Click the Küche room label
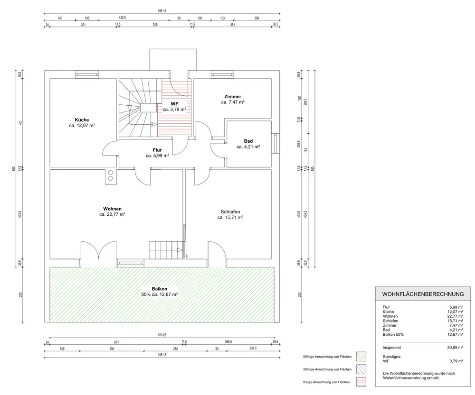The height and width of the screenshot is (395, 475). click(82, 120)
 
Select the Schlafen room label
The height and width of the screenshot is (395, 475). click(230, 211)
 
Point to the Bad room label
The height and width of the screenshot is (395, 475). click(248, 141)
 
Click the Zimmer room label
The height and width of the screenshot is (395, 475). click(233, 96)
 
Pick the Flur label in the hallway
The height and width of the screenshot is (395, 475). click(157, 150)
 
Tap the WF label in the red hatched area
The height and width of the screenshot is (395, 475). click(174, 104)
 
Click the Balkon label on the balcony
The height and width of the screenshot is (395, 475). click(160, 289)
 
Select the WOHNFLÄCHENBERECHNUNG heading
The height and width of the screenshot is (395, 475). click(423, 294)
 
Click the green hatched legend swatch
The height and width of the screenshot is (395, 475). click(361, 357)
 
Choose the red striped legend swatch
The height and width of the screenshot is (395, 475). click(361, 382)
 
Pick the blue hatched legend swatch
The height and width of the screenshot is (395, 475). click(361, 369)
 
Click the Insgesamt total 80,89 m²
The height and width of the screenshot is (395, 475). click(455, 348)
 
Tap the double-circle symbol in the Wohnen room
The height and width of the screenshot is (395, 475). click(111, 175)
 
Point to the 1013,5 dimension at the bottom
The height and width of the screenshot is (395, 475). click(162, 335)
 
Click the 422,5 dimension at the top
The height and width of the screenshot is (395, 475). click(122, 18)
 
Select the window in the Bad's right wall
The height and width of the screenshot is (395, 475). click(275, 143)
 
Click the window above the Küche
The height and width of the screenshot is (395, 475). click(87, 74)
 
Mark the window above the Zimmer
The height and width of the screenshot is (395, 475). click(223, 74)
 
